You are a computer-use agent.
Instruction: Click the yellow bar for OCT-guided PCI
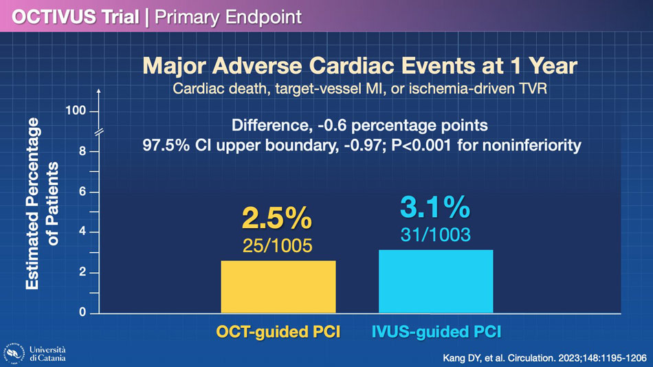[x=278, y=287]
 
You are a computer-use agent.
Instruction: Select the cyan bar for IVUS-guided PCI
[x=436, y=281]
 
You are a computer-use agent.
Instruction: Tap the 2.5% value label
[x=277, y=218]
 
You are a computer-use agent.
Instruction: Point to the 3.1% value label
[x=435, y=207]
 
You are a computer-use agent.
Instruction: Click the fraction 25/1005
[x=278, y=246]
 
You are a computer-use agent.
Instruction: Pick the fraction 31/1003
[x=436, y=235]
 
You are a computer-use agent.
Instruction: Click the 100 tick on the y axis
[x=76, y=111]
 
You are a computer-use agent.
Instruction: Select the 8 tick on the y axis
[x=82, y=151]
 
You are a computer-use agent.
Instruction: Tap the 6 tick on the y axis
[x=82, y=192]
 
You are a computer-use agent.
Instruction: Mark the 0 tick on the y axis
[x=82, y=313]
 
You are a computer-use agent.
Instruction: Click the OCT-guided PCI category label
[x=278, y=332]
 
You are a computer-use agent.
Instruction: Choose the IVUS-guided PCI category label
[x=436, y=332]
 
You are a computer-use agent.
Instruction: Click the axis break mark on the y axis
[x=99, y=133]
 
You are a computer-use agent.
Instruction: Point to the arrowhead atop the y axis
[x=99, y=91]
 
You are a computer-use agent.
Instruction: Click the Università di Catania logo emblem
[x=14, y=354]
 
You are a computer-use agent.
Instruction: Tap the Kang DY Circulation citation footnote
[x=544, y=358]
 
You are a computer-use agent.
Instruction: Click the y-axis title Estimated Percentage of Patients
[x=42, y=203]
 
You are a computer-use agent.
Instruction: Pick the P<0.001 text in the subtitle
[x=421, y=146]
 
